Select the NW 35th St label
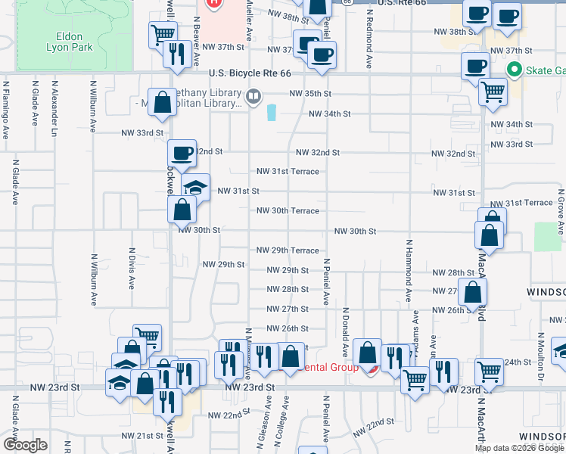point(310,94)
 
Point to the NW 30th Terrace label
point(288,210)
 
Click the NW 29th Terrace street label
point(288,250)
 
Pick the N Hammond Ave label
point(408,271)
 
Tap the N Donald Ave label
point(345,333)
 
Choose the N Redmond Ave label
point(369,39)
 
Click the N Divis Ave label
point(131,269)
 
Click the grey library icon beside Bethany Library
point(253,95)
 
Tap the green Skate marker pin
point(515,71)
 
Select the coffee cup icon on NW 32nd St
point(182,153)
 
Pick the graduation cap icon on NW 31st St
point(196,188)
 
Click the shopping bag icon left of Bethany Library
point(162,103)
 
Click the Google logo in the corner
point(25,445)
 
